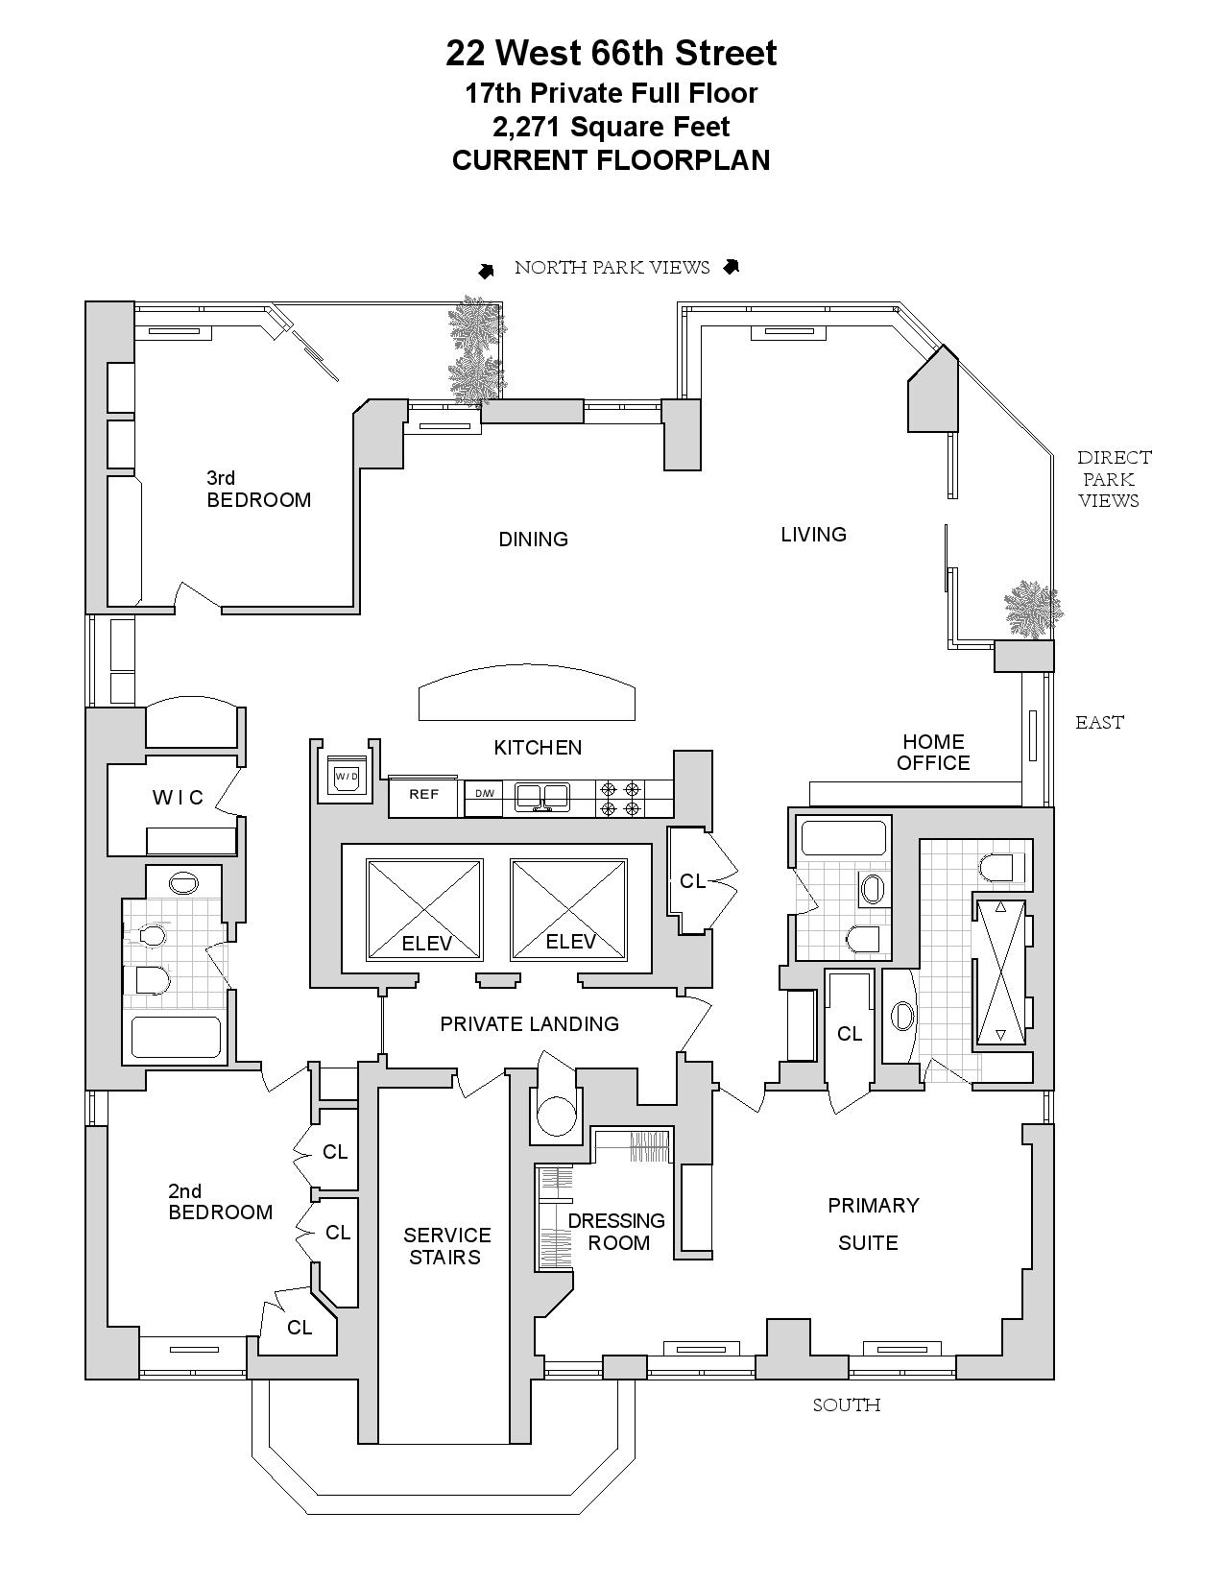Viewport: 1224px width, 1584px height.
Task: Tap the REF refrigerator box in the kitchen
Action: click(423, 795)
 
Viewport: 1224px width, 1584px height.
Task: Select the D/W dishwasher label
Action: click(483, 793)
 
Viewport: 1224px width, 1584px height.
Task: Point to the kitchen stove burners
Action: click(620, 798)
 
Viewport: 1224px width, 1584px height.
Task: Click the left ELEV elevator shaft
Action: click(423, 909)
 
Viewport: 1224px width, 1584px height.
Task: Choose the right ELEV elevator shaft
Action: click(568, 909)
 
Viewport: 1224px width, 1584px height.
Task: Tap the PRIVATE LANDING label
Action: click(529, 1024)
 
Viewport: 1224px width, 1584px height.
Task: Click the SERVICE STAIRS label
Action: click(446, 1246)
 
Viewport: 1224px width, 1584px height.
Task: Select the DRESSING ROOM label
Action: click(617, 1232)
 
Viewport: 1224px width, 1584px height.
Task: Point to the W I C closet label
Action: click(179, 798)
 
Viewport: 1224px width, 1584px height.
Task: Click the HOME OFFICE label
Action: click(933, 753)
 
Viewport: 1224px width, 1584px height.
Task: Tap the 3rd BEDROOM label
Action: click(258, 489)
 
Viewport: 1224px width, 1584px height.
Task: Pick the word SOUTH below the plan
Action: click(846, 1405)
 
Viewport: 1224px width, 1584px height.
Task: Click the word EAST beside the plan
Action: click(1099, 723)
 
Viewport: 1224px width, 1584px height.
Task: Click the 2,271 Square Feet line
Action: click(611, 127)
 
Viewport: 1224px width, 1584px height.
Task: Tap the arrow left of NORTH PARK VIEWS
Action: click(487, 271)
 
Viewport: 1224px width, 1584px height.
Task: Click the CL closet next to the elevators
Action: click(692, 880)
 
